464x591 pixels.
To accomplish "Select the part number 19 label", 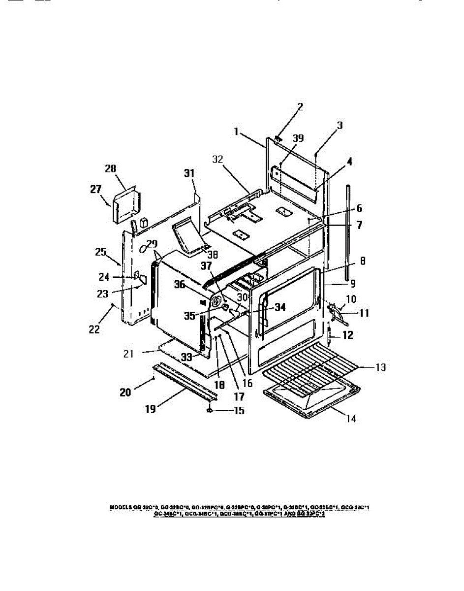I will pyautogui.click(x=151, y=409).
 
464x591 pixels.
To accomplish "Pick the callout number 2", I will pyautogui.click(x=300, y=106).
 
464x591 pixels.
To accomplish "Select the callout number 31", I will pyautogui.click(x=189, y=173).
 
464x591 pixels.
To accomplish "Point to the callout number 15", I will pyautogui.click(x=238, y=410).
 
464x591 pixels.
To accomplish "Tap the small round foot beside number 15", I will pyautogui.click(x=210, y=409).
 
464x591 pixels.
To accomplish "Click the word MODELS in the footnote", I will pyautogui.click(x=120, y=507).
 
